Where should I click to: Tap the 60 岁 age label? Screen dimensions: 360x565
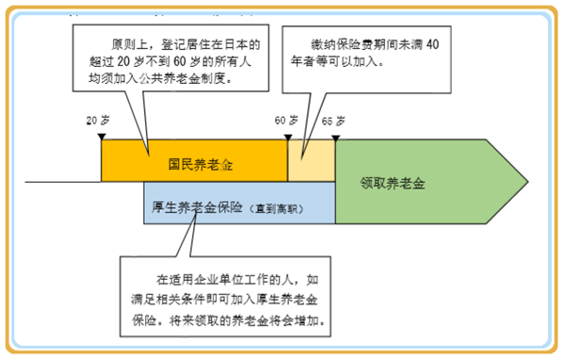click(285, 121)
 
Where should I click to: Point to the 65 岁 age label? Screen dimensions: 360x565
click(333, 121)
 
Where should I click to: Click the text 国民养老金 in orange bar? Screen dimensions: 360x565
click(194, 164)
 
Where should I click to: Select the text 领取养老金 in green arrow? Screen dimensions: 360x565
click(393, 183)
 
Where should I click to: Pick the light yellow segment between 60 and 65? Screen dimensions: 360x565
click(311, 160)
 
